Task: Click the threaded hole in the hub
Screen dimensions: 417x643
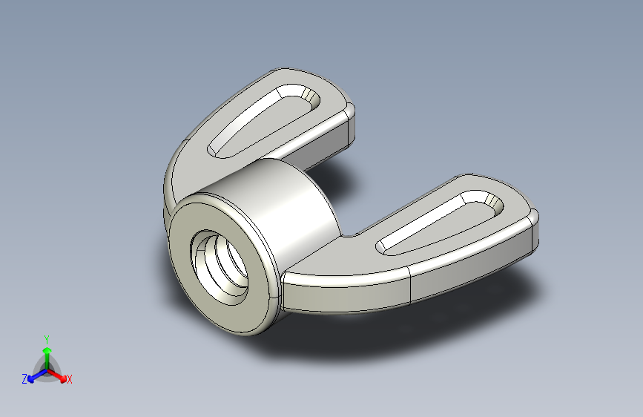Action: [220, 263]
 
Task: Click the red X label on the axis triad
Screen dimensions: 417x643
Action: [70, 380]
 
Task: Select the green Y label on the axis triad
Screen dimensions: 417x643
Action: [46, 337]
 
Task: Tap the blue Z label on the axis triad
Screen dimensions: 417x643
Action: [24, 379]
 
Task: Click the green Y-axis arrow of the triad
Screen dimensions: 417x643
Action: [47, 352]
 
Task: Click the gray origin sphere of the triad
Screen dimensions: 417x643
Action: [47, 368]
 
